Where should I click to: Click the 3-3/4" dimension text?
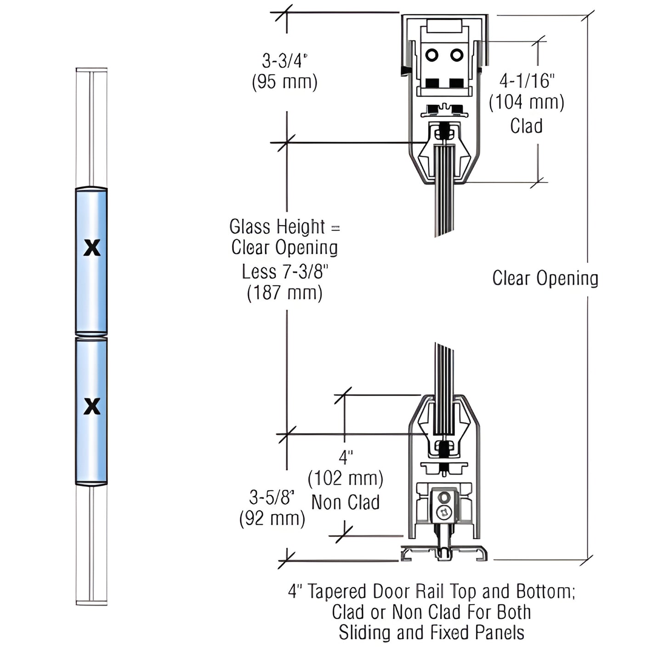click(284, 61)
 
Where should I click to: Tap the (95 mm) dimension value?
click(284, 82)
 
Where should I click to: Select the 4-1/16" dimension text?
click(527, 81)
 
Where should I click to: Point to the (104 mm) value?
click(527, 102)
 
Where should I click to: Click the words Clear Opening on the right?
click(545, 278)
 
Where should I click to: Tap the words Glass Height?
click(277, 227)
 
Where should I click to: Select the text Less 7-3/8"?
click(285, 272)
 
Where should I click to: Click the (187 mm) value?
click(284, 293)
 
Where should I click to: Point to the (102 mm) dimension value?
click(346, 478)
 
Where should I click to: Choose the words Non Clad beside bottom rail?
click(346, 502)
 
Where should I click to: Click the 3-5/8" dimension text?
click(272, 497)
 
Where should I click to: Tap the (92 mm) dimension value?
click(272, 518)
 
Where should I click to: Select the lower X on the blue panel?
click(92, 406)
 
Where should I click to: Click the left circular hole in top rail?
click(431, 55)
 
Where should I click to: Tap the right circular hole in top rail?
click(456, 55)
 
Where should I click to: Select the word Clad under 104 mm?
click(526, 126)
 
